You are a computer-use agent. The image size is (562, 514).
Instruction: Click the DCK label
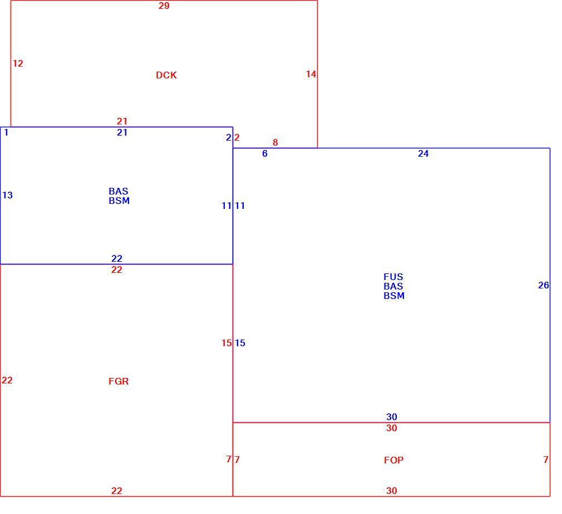pyautogui.click(x=166, y=75)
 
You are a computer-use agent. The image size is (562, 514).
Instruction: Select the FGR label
pyautogui.click(x=119, y=381)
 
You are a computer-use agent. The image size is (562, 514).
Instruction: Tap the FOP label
pyautogui.click(x=393, y=460)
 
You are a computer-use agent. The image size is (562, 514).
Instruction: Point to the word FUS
pyautogui.click(x=393, y=277)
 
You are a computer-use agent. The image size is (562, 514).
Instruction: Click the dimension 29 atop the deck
pyautogui.click(x=164, y=6)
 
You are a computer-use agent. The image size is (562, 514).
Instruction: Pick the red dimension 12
pyautogui.click(x=18, y=63)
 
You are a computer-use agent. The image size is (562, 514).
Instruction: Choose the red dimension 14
pyautogui.click(x=311, y=74)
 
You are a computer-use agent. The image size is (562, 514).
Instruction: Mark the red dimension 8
pyautogui.click(x=275, y=142)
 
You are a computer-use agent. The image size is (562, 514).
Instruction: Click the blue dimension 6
pyautogui.click(x=265, y=153)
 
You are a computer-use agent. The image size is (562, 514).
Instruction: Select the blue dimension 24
pyautogui.click(x=423, y=153)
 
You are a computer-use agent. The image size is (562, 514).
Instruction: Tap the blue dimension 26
pyautogui.click(x=544, y=285)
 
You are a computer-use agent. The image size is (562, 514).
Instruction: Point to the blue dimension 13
pyautogui.click(x=8, y=195)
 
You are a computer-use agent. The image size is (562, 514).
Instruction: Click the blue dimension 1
pyautogui.click(x=6, y=132)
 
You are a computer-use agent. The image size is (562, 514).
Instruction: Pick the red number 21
pyautogui.click(x=122, y=121)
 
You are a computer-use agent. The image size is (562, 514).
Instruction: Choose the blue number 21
pyautogui.click(x=122, y=132)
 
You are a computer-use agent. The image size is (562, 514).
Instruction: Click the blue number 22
pyautogui.click(x=117, y=258)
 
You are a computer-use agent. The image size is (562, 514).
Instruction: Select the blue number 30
pyautogui.click(x=392, y=417)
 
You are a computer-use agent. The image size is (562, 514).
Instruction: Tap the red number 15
pyautogui.click(x=226, y=343)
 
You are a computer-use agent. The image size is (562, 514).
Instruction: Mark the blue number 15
pyautogui.click(x=240, y=343)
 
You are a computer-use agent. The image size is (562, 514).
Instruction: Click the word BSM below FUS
pyautogui.click(x=394, y=296)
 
